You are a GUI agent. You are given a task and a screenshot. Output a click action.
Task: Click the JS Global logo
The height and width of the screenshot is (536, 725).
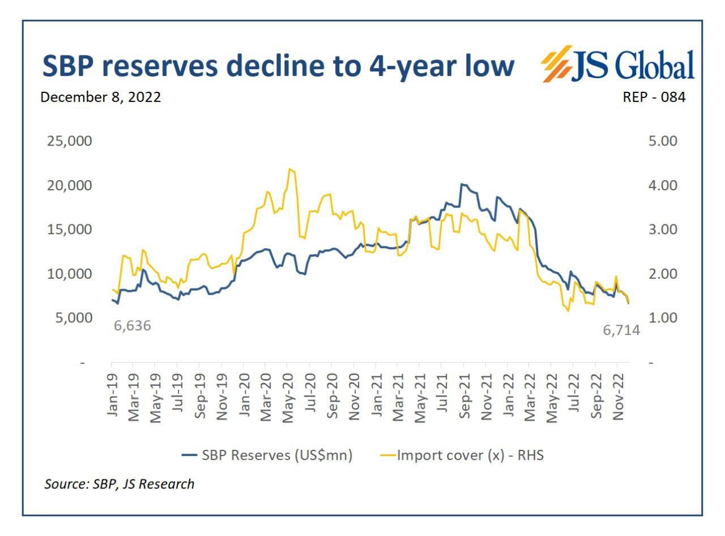618,66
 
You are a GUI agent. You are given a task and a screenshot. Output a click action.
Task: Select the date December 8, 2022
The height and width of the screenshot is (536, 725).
100,97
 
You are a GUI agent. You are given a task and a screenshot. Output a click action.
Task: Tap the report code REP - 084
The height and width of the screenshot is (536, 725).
654,97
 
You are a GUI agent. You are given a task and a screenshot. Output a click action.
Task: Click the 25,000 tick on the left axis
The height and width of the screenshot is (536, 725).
68,141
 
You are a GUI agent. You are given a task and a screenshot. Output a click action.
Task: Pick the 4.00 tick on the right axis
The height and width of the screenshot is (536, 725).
662,185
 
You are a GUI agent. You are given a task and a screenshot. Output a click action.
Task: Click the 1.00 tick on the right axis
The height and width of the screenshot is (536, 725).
662,317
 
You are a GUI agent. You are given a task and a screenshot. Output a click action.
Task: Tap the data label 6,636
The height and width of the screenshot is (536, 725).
133,326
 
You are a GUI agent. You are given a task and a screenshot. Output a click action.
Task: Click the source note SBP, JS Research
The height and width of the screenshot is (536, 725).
120,484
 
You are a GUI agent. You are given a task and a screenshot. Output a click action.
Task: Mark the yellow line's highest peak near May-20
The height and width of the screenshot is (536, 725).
290,168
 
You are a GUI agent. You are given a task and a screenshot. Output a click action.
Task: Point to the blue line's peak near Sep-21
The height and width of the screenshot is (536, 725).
462,184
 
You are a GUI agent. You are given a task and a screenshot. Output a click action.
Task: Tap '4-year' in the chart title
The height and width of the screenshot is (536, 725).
404,67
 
